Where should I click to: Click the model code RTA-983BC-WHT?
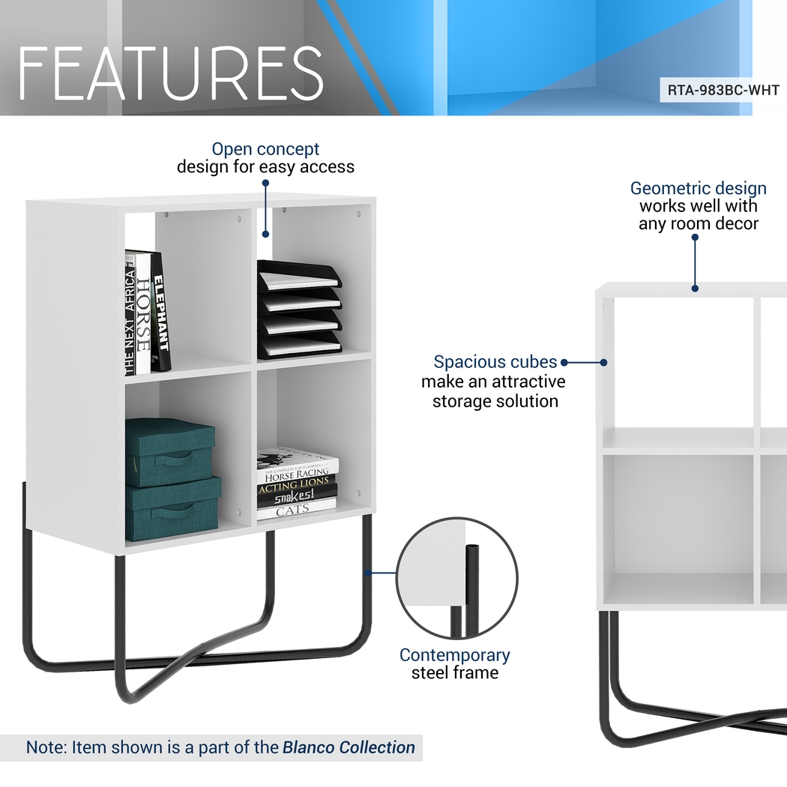723,91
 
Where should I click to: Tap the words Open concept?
265,149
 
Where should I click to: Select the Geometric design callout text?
698,188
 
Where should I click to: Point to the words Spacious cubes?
495,362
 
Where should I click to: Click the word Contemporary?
454,654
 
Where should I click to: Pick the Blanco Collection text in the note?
349,747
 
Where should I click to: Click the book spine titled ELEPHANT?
160,313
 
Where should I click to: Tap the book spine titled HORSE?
143,315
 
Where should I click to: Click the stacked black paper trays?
298,309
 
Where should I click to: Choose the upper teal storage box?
169,452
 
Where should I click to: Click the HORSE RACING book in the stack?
296,474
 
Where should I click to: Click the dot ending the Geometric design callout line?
695,287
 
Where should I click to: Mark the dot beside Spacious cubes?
564,362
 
